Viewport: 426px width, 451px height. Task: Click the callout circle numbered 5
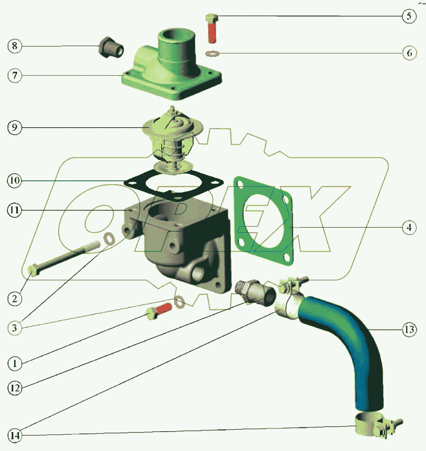(x=409, y=17)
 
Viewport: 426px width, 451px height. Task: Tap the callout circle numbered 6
(x=409, y=53)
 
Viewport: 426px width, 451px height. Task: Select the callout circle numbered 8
(x=14, y=46)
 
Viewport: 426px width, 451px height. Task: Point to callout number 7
(x=14, y=76)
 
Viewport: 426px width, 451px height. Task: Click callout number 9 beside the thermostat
(x=14, y=128)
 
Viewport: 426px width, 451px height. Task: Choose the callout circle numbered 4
(x=409, y=228)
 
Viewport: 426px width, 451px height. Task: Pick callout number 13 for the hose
(x=409, y=330)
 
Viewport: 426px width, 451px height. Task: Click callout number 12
(x=14, y=387)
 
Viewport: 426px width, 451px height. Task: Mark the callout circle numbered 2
(x=14, y=298)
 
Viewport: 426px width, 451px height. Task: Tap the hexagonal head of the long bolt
(x=33, y=270)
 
